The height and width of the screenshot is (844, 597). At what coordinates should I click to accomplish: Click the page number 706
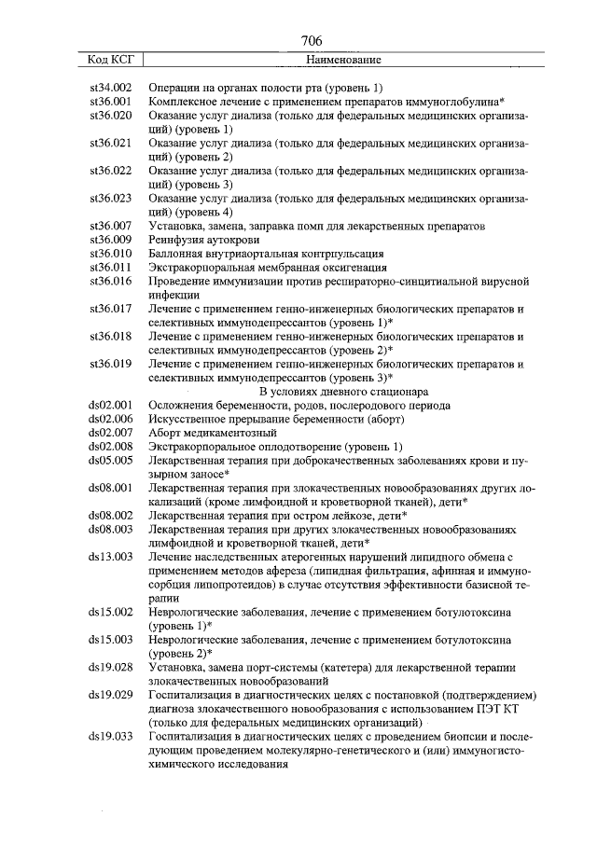tap(312, 40)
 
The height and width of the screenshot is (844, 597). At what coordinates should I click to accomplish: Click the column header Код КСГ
tap(110, 60)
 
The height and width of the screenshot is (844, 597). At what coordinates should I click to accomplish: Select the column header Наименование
tap(343, 60)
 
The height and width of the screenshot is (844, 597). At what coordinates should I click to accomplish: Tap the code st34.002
tap(109, 87)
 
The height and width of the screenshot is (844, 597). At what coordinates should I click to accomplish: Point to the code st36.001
tap(109, 101)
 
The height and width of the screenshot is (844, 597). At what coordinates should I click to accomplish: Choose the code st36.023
tap(109, 199)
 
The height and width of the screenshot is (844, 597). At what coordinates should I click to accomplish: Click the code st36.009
tap(109, 240)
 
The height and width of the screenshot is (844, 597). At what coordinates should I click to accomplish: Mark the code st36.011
tap(109, 268)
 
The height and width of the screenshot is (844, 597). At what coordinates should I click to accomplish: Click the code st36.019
tap(109, 365)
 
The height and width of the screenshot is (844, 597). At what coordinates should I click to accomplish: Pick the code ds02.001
tap(109, 406)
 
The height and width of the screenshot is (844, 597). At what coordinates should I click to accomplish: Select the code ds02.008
tap(109, 448)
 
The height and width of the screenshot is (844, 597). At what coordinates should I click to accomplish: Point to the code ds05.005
tap(109, 462)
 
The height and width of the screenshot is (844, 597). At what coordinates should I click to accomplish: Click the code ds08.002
tap(109, 516)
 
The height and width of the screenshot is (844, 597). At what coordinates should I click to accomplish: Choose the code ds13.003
tap(109, 557)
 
